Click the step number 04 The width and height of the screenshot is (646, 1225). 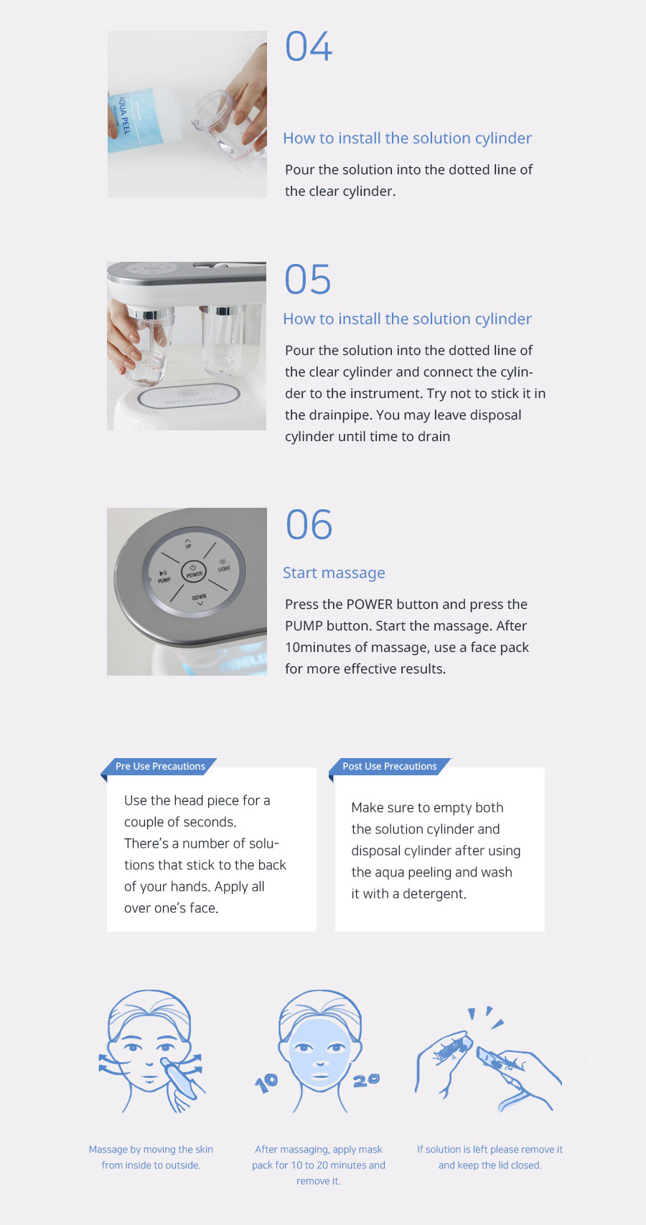(x=309, y=47)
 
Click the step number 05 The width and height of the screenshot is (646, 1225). (x=308, y=279)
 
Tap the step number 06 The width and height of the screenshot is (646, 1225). (x=309, y=524)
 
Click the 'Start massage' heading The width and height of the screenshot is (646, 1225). (x=334, y=572)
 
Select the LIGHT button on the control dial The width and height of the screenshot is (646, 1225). (x=223, y=565)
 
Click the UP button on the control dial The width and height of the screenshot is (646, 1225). (x=188, y=543)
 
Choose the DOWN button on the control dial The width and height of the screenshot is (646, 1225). (x=200, y=600)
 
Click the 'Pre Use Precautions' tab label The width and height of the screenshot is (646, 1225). (x=160, y=766)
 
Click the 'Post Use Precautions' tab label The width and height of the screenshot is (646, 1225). (x=390, y=766)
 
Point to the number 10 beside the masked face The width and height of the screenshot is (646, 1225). (x=266, y=1082)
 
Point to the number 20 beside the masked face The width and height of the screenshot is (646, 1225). (x=366, y=1080)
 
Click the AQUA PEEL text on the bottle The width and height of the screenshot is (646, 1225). (x=125, y=115)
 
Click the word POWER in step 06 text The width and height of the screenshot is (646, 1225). (x=370, y=605)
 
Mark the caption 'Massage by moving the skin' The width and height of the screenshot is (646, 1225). (x=151, y=1150)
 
